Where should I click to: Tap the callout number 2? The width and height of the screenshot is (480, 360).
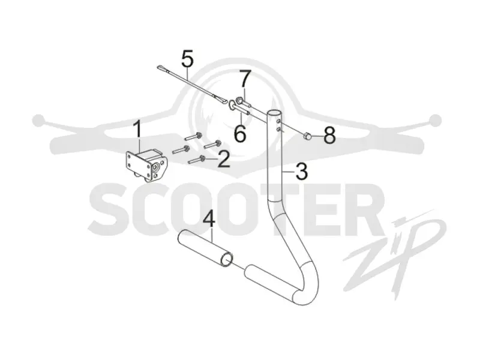click(x=224, y=160)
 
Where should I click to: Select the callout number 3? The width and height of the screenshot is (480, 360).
click(x=302, y=172)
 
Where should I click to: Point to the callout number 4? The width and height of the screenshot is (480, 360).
click(x=209, y=218)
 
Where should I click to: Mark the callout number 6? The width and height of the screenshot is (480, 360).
click(x=239, y=133)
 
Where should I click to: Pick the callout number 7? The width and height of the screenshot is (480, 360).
click(x=245, y=79)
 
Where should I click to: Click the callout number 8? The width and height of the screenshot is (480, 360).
click(x=329, y=136)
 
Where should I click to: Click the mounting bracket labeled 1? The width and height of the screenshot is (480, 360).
click(x=146, y=166)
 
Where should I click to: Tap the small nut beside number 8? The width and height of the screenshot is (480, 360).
click(x=308, y=136)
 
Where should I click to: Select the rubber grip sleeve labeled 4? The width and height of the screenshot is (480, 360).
click(x=206, y=248)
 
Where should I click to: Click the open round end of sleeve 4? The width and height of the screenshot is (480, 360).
click(x=227, y=260)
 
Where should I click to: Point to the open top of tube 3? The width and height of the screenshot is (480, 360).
click(x=274, y=113)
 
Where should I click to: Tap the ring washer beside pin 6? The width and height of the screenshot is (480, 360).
click(x=232, y=104)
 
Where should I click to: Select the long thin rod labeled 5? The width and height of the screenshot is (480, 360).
click(x=193, y=85)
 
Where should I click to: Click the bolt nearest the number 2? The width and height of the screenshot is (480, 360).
click(x=197, y=160)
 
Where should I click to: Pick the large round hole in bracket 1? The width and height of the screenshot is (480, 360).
click(x=155, y=167)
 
